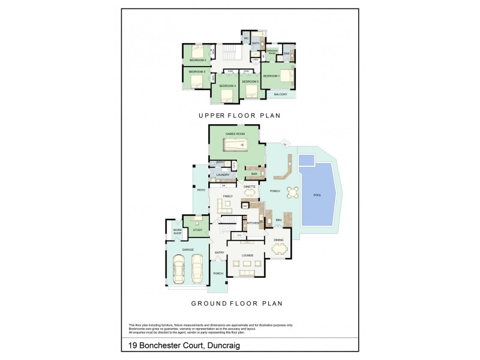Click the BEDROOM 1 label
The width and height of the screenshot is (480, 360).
pyautogui.click(x=272, y=76)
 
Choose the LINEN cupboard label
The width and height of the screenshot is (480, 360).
pyautogui.click(x=256, y=59)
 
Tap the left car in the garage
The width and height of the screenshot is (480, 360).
pyautogui.click(x=179, y=268)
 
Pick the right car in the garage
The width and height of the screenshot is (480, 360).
pyautogui.click(x=197, y=268)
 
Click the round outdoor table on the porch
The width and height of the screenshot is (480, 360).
pyautogui.click(x=292, y=193)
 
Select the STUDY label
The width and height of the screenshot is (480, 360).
pyautogui.click(x=197, y=230)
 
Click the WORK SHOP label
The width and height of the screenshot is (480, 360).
pyautogui.click(x=177, y=232)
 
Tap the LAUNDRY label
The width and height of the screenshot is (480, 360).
pyautogui.click(x=223, y=175)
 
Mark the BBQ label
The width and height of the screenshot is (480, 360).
pyautogui.click(x=278, y=221)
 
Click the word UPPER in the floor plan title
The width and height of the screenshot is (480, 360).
pyautogui.click(x=212, y=115)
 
